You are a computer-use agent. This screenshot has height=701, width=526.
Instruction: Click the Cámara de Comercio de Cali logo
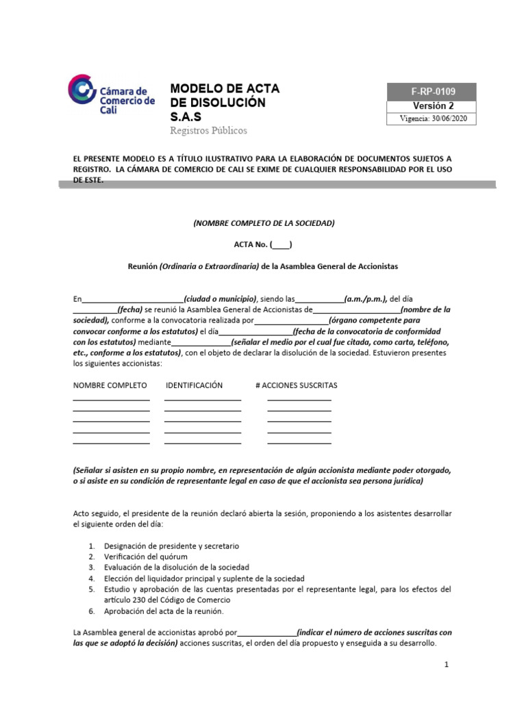pos(112,97)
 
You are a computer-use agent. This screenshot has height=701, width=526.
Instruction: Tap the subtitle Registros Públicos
pos(208,130)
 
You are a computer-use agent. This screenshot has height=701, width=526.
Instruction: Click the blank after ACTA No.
pos(281,244)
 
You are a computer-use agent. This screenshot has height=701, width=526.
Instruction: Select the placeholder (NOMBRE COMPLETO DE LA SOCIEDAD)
pos(264,223)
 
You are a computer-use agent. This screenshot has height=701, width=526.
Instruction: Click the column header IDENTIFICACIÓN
pos(194,385)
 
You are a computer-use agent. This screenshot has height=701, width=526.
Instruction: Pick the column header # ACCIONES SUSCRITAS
pos(296,385)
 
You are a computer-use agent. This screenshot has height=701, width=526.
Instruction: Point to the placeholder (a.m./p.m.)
pos(366,299)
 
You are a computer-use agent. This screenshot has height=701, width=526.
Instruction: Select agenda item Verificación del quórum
pos(146,557)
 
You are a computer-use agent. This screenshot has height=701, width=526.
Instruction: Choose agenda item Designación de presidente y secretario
pos(171,546)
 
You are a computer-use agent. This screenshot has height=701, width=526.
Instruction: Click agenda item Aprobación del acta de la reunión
pos(164,611)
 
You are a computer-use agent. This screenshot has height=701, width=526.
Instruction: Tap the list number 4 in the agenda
pos(92,578)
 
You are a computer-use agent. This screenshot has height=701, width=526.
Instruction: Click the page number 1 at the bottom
pos(446,665)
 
